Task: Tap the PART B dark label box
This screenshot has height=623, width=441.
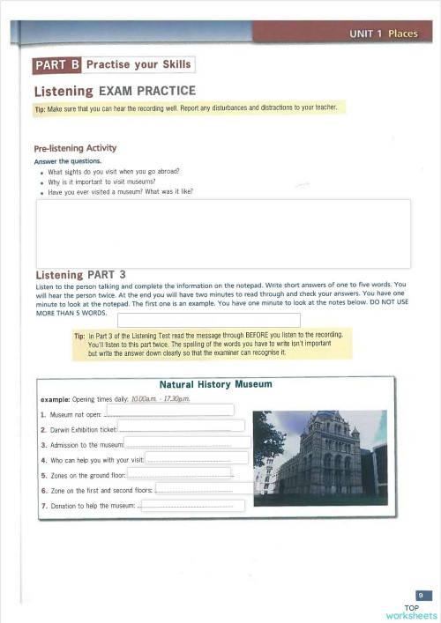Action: pyautogui.click(x=57, y=65)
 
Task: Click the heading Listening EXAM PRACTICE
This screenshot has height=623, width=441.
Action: pyautogui.click(x=115, y=91)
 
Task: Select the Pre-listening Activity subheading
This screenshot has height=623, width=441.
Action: pyautogui.click(x=75, y=148)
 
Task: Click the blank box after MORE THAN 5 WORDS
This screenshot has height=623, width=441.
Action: pyautogui.click(x=208, y=319)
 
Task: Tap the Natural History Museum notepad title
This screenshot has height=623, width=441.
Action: pyautogui.click(x=215, y=384)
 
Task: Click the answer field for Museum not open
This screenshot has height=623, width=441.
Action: pyautogui.click(x=169, y=410)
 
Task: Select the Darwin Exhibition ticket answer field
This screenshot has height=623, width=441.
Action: pyautogui.click(x=181, y=426)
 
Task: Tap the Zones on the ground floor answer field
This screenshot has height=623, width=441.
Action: pyautogui.click(x=180, y=473)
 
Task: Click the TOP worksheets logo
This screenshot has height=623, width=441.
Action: pyautogui.click(x=411, y=612)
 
